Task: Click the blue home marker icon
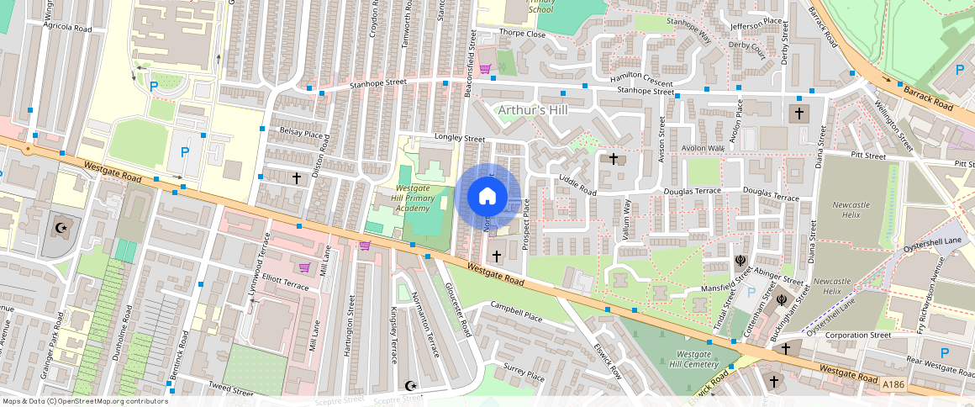[487, 197]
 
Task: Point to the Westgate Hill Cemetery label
[694, 358]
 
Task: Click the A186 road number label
[893, 384]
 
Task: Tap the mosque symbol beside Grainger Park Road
[60, 227]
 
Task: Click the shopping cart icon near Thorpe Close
[485, 69]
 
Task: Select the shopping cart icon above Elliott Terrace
[304, 267]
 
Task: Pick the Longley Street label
[460, 137]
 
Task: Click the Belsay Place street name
[301, 133]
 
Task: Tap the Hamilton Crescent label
[641, 81]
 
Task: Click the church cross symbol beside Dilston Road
[296, 178]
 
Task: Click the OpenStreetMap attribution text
[84, 401]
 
